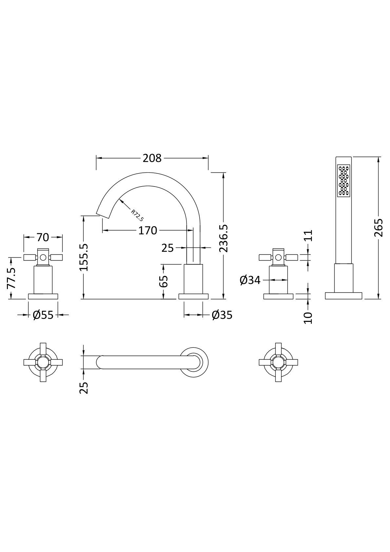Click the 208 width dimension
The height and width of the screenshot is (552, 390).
coord(152,158)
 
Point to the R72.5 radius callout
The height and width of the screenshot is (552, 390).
coord(137,215)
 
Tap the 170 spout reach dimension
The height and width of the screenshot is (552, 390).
coord(147,230)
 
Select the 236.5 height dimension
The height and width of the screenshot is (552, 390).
coord(224,238)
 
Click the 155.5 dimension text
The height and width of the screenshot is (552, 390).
coord(84,257)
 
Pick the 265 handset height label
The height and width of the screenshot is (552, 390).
coord(379,228)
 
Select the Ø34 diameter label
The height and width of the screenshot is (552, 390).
coord(250,280)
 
